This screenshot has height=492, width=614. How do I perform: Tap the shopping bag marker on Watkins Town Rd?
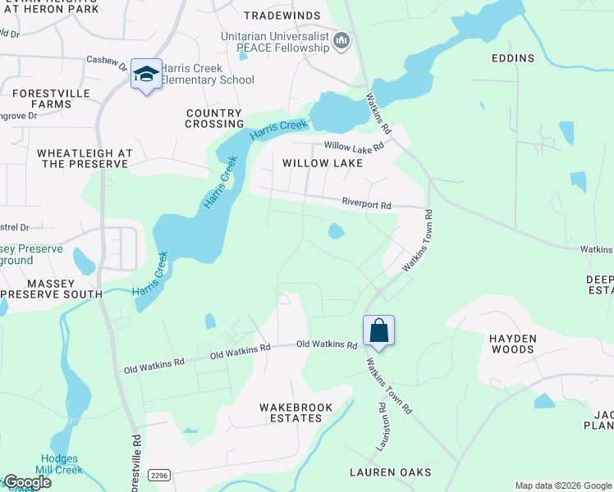378,330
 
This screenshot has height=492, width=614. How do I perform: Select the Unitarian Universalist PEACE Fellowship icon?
342,40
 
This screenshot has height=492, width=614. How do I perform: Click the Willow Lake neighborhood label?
323,163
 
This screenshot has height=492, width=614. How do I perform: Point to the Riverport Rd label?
366,203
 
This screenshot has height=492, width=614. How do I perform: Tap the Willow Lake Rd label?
354,147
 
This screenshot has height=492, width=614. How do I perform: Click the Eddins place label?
513,58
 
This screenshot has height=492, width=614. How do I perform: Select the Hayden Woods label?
513,344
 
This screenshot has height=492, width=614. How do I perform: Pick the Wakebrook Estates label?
291,412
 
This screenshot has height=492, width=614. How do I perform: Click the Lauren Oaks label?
390,472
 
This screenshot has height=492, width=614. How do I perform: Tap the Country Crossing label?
214,119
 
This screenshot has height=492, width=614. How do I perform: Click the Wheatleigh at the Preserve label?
83,158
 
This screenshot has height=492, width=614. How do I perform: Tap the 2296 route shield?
159,474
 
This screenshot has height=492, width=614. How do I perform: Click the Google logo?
26,482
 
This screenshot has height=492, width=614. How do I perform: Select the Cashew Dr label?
107,60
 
